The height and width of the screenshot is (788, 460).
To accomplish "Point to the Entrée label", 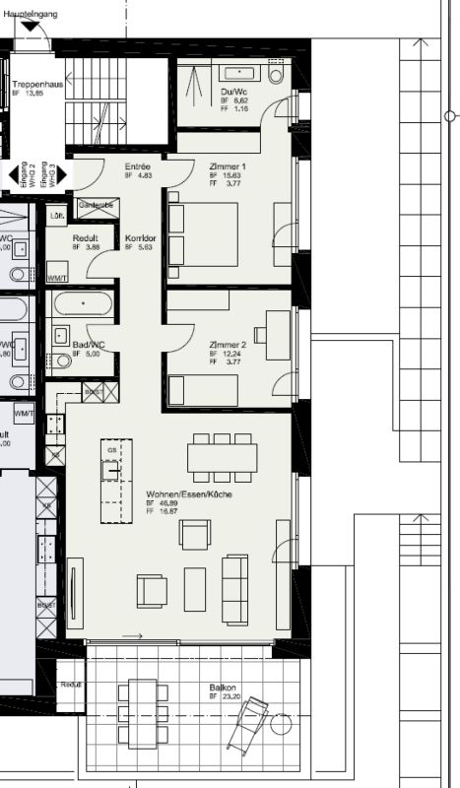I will tap(138, 166).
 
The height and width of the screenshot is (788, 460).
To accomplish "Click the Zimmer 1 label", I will tap(227, 166).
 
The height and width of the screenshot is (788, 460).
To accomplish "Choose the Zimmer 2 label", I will tap(227, 345).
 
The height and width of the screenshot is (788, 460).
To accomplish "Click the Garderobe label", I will tap(97, 204).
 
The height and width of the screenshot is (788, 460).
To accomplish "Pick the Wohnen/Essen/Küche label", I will tap(189, 493).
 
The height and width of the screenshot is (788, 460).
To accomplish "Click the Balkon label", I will tap(223, 687).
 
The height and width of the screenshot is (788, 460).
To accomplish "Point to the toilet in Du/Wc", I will tap(276, 73).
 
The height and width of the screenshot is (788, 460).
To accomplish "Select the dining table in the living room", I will tap(223, 457).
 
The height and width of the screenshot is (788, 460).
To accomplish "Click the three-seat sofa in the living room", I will tap(235, 589).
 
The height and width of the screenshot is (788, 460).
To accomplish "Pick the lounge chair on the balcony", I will tap(249, 724).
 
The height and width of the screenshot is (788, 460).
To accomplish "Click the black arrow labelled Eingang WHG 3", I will tap(60, 175).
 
